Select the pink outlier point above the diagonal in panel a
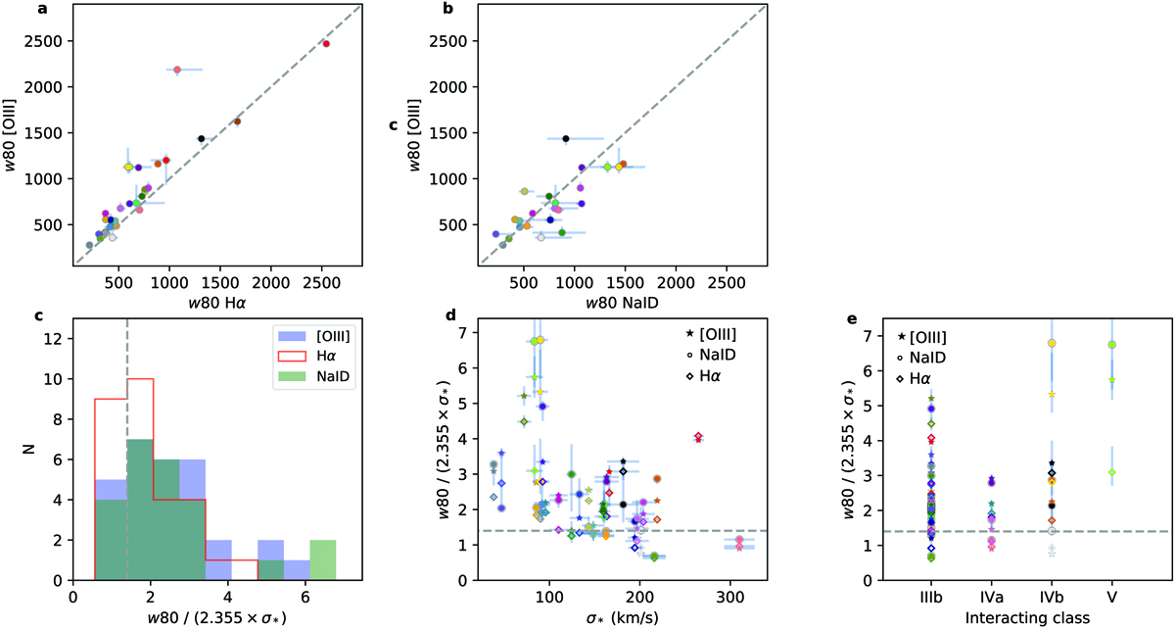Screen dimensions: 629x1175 [177, 70]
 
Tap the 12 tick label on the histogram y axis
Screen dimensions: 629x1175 [56, 339]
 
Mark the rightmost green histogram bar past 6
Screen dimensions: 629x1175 [323, 560]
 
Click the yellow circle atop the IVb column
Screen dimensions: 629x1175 [1052, 343]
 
